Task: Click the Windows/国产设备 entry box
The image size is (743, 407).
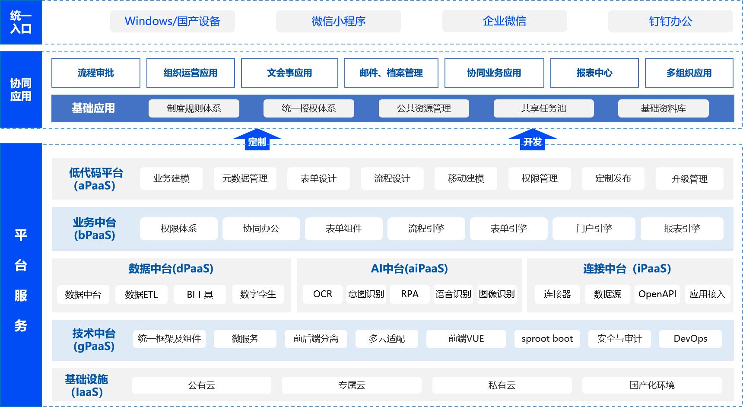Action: (172, 21)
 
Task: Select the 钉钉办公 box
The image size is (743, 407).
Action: (670, 21)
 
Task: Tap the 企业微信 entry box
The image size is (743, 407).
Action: (505, 21)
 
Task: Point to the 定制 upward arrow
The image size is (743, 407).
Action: (257, 140)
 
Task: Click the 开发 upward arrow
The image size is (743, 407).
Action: (532, 140)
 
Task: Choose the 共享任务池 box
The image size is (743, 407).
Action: (543, 108)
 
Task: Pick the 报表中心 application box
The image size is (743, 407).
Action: (594, 73)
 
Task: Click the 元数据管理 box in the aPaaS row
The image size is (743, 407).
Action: (245, 178)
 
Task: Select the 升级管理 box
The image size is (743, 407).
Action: (689, 179)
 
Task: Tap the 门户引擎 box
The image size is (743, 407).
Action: (594, 229)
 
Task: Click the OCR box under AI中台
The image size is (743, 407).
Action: (323, 294)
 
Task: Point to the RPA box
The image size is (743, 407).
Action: (410, 294)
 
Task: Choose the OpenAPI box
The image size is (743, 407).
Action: (657, 294)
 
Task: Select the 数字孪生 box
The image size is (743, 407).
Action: (258, 294)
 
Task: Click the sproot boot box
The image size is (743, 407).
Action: (547, 339)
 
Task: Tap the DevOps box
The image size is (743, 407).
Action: (690, 339)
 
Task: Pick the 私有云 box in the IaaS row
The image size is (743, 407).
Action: (502, 385)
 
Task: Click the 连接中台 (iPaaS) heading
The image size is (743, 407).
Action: (627, 269)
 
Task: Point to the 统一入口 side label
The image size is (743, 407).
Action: (21, 22)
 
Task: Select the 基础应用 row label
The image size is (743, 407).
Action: (93, 108)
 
